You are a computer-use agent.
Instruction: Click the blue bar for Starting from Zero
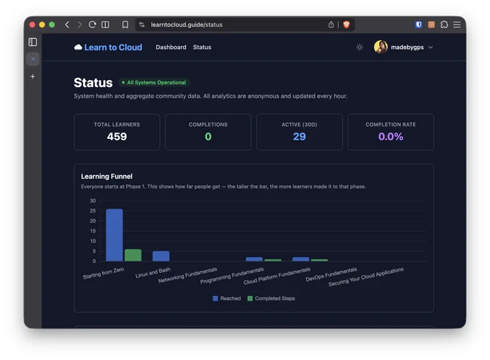coord(115,235)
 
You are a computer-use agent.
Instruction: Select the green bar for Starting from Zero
coord(133,255)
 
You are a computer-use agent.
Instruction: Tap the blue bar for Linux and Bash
coord(161,256)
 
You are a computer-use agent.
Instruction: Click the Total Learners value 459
coord(117,137)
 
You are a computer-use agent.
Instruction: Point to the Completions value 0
coord(208,137)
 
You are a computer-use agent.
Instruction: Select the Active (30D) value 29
coord(299,137)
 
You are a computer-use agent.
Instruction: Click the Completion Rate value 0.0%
coord(391,137)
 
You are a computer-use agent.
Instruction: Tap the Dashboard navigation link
coord(171,47)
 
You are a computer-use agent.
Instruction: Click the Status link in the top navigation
coord(202,47)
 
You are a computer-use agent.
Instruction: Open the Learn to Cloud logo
coord(108,47)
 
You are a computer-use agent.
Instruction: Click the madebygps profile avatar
coord(380,47)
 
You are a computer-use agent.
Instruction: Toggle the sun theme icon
coord(360,47)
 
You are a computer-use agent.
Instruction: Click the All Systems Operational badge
coord(154,82)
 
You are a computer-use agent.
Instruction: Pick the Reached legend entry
coord(226,299)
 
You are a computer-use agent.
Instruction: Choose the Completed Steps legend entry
coord(271,299)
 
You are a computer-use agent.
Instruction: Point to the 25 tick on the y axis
coord(93,211)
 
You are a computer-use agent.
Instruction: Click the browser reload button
coord(92,24)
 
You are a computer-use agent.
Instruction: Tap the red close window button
coord(32,24)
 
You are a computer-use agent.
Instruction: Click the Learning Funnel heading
coord(107,176)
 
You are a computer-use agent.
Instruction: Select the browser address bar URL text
coord(187,24)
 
